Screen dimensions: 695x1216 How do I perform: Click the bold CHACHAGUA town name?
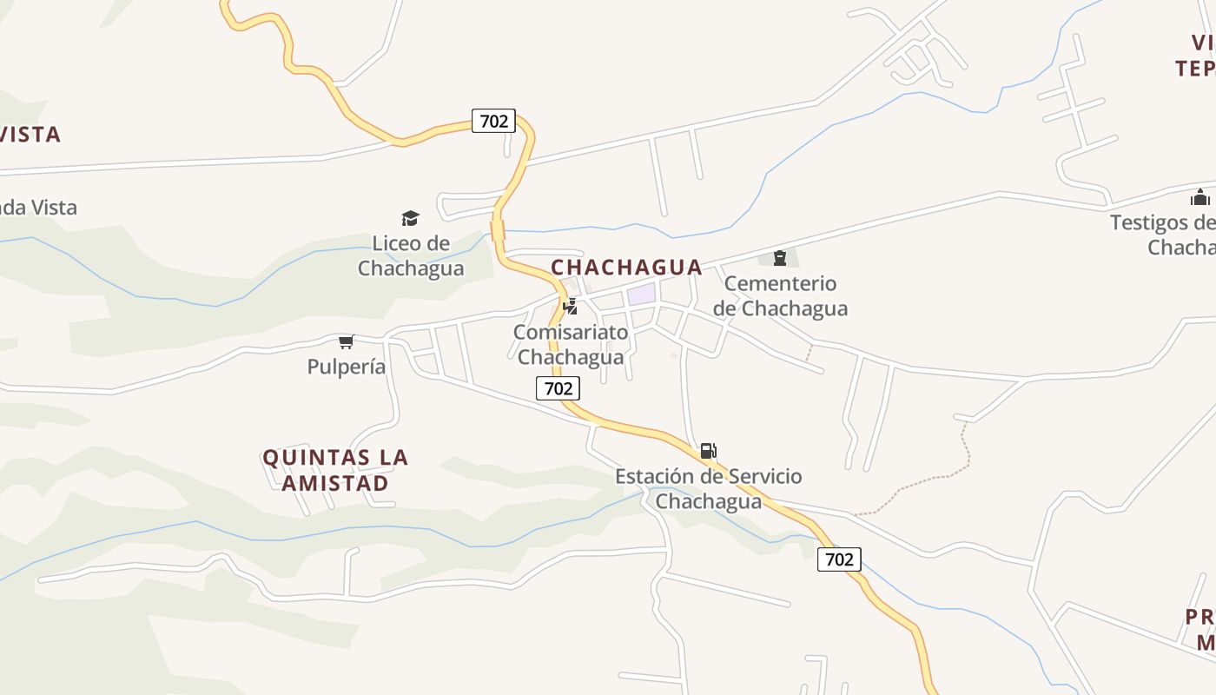pos(626,267)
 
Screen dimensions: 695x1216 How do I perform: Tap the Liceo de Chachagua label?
pos(411,255)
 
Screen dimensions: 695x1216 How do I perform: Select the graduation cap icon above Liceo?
pos(410,218)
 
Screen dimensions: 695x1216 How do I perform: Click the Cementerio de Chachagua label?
pos(780,295)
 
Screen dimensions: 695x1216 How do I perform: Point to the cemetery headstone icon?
pos(780,257)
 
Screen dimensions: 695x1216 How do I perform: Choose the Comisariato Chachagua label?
pos(570,344)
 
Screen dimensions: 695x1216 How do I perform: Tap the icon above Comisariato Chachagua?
pos(571,306)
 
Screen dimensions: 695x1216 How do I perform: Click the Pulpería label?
pos(346,367)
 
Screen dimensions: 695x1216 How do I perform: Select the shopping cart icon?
pos(347,341)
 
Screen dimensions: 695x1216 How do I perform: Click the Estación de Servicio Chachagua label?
pos(708,488)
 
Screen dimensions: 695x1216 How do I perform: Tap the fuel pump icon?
pos(709,451)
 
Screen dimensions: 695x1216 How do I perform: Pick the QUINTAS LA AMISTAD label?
pos(335,470)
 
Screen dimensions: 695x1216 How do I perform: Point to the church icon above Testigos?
pos(1200,197)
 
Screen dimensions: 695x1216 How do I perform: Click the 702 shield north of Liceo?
pos(493,121)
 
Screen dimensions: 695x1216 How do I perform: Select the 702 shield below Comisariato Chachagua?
pos(558,388)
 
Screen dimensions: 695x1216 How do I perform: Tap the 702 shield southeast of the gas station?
pos(839,559)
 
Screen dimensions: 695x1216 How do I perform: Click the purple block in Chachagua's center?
pos(641,294)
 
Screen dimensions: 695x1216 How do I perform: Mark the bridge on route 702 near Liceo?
pos(498,230)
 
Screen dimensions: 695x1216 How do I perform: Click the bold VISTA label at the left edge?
pos(30,135)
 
